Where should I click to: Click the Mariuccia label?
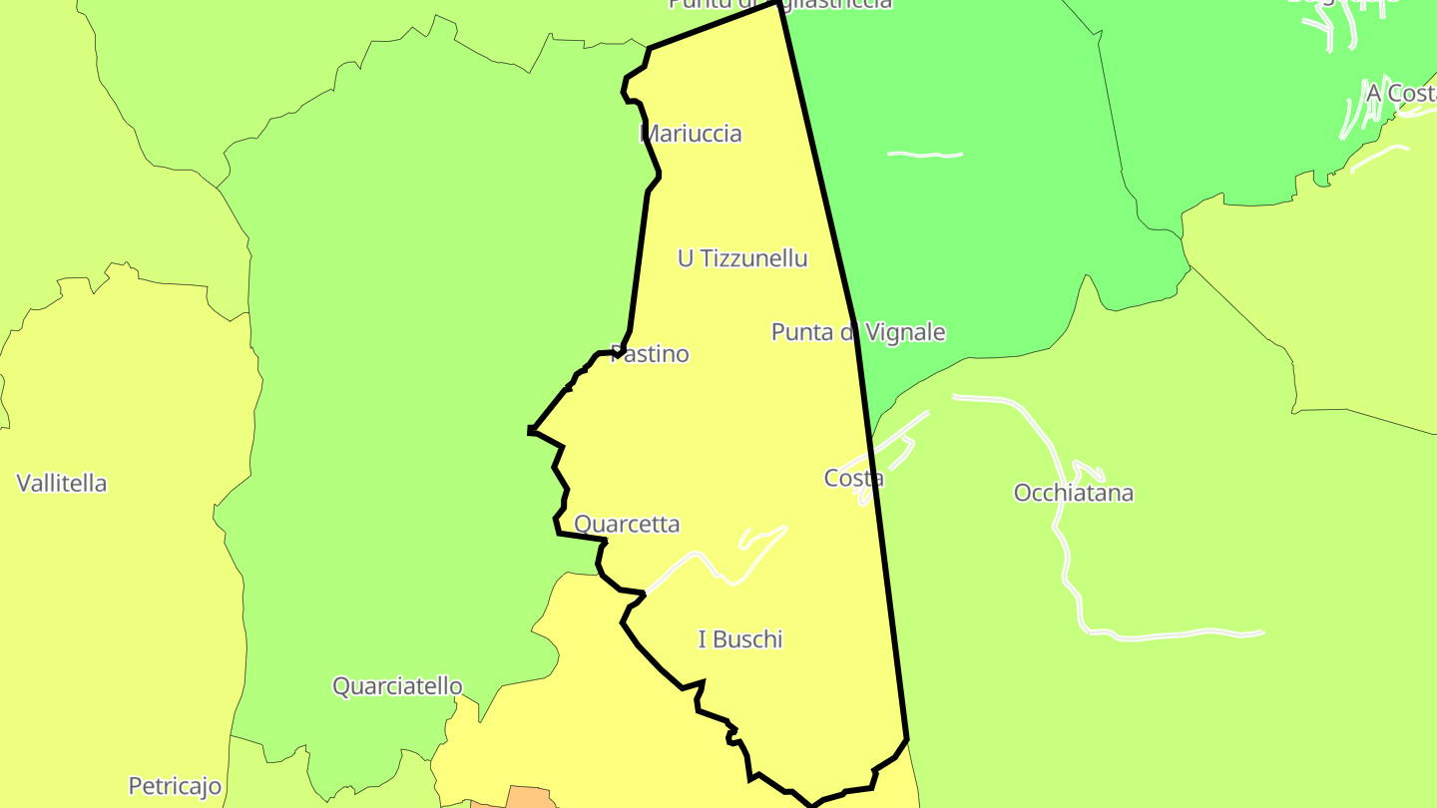(691, 134)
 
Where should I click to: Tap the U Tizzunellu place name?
(742, 258)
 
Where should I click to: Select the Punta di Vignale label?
(858, 332)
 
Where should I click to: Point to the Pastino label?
(650, 354)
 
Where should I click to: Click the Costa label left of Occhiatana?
(854, 478)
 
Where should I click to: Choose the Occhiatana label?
(1074, 493)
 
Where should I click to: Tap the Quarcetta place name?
(627, 524)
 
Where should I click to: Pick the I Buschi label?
(740, 639)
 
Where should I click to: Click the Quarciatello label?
(397, 686)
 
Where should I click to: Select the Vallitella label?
(62, 484)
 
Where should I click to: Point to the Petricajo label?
(175, 786)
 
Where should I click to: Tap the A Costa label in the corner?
(1400, 93)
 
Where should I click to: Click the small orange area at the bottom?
(530, 797)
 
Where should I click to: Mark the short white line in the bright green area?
(925, 155)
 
